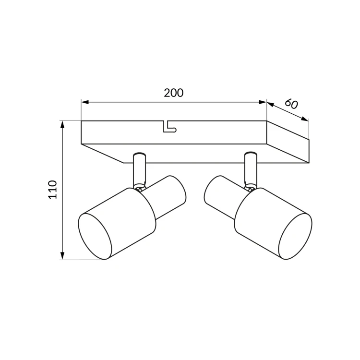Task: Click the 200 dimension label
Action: (174, 93)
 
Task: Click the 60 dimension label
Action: (291, 104)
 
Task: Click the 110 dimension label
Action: (52, 190)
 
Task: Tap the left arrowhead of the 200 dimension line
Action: (85, 102)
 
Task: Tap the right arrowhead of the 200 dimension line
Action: (263, 102)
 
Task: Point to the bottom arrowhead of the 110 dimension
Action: (62, 256)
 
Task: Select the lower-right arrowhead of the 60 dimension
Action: (305, 119)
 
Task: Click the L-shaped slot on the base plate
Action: (169, 127)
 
